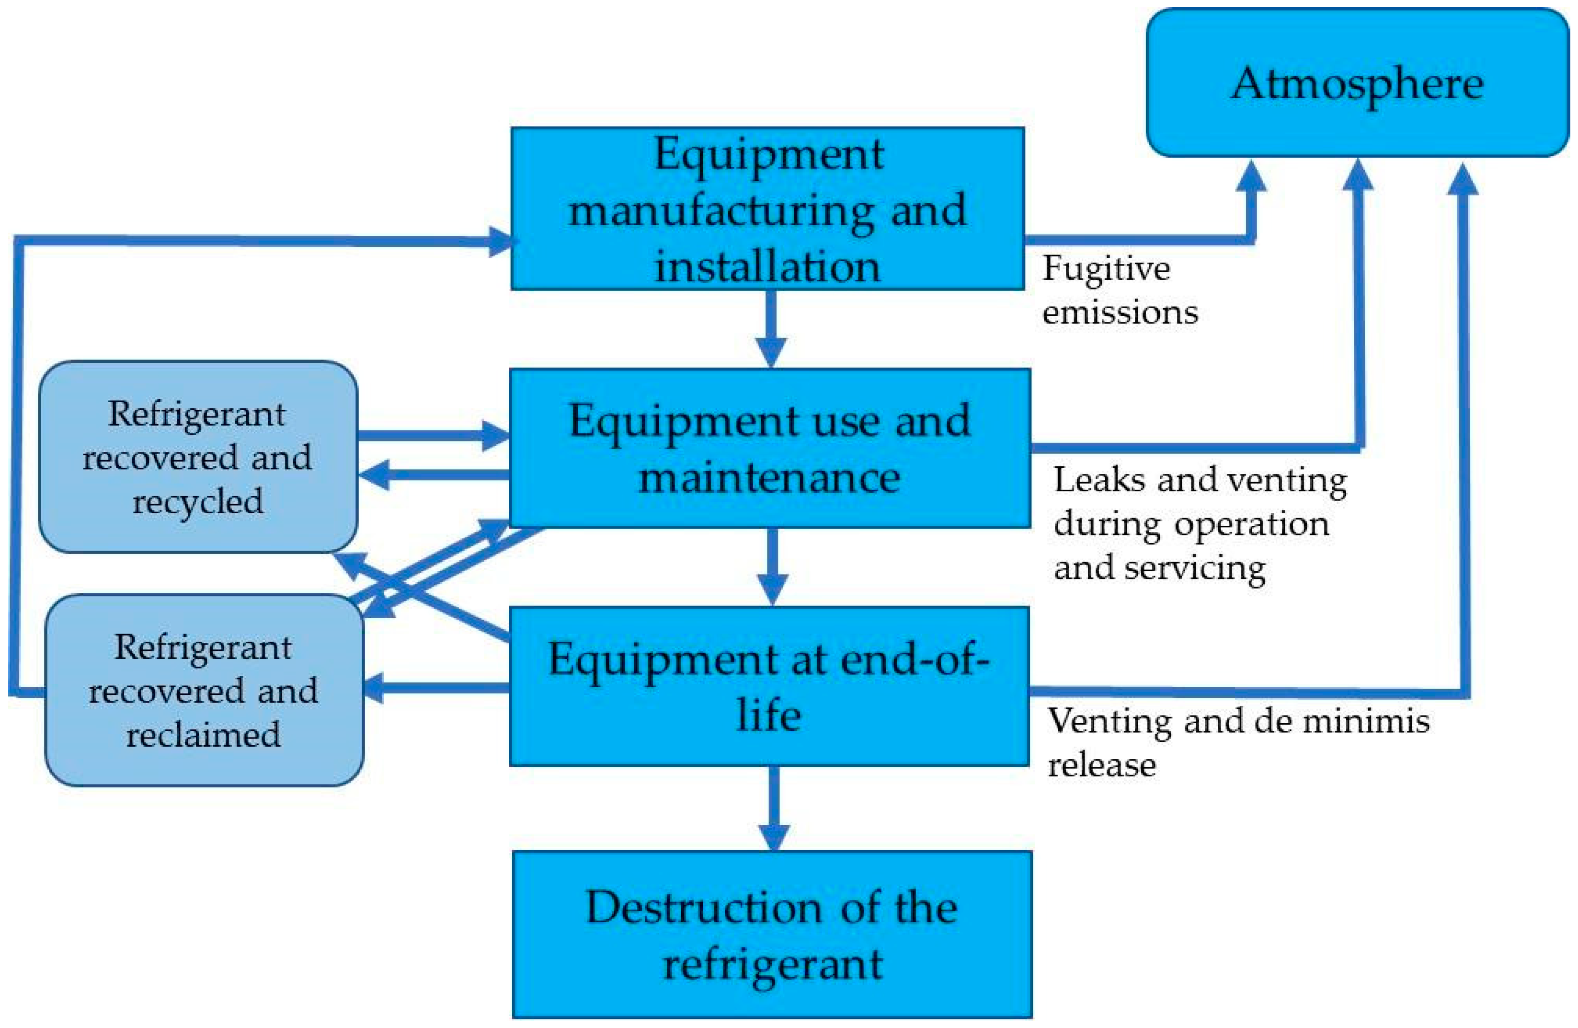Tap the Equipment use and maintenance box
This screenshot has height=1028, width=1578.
769,448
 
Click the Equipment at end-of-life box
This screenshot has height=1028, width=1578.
769,686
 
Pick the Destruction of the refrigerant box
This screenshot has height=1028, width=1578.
772,935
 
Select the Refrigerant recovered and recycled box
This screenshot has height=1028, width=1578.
197,457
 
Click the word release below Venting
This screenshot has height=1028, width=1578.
1101,765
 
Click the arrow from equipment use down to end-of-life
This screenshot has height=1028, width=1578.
772,566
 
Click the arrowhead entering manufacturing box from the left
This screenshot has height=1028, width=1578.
501,242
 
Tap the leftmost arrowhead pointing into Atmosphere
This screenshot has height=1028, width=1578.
1251,176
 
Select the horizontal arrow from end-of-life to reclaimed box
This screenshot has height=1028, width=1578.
437,688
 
